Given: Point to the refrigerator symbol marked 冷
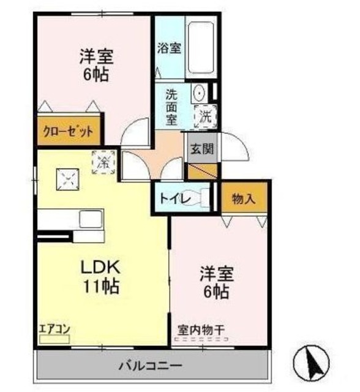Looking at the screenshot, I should pos(103,163).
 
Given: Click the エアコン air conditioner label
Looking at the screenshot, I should pos(54,328).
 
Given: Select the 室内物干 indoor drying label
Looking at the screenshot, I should pos(201,330).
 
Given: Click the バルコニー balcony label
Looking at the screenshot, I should pos(149,366).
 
